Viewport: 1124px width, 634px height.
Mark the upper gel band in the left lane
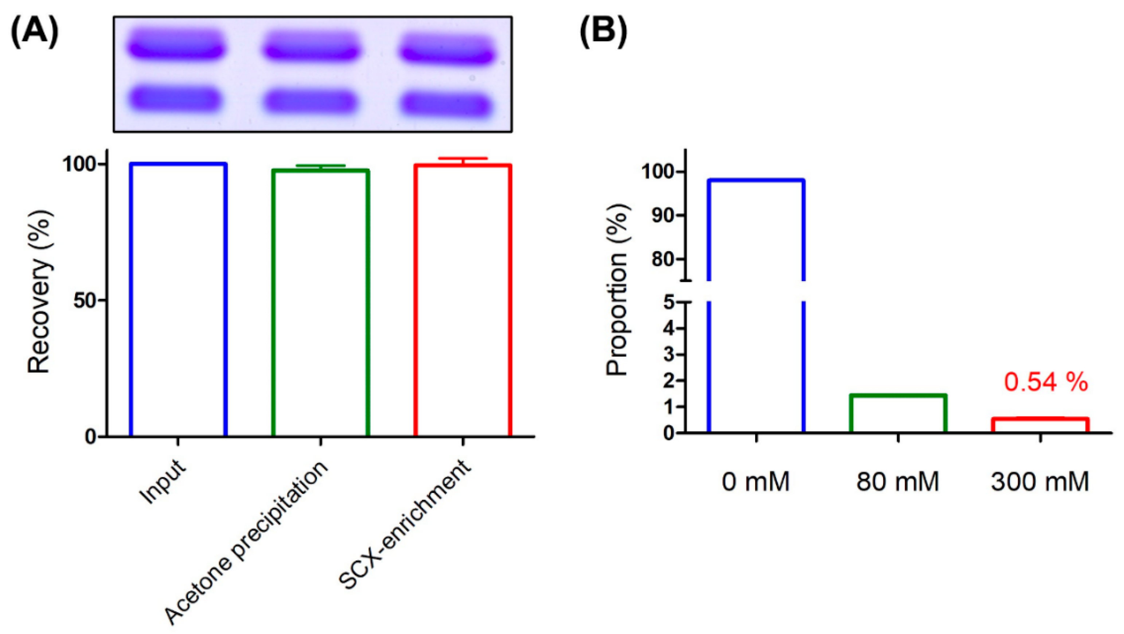click(x=177, y=44)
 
